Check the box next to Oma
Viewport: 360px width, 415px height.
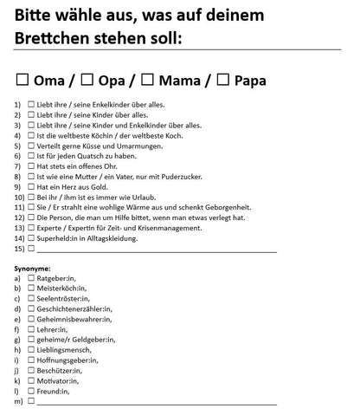click(23, 81)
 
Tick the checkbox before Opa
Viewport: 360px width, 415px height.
click(87, 81)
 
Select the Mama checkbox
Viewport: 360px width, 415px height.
click(147, 81)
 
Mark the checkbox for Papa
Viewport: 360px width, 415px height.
click(223, 81)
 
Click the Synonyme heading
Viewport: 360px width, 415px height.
click(33, 269)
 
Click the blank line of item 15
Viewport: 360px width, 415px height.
click(156, 250)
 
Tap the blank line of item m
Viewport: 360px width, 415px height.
click(156, 402)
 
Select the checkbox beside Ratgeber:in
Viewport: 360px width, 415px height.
click(31, 278)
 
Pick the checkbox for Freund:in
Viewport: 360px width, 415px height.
click(31, 391)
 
